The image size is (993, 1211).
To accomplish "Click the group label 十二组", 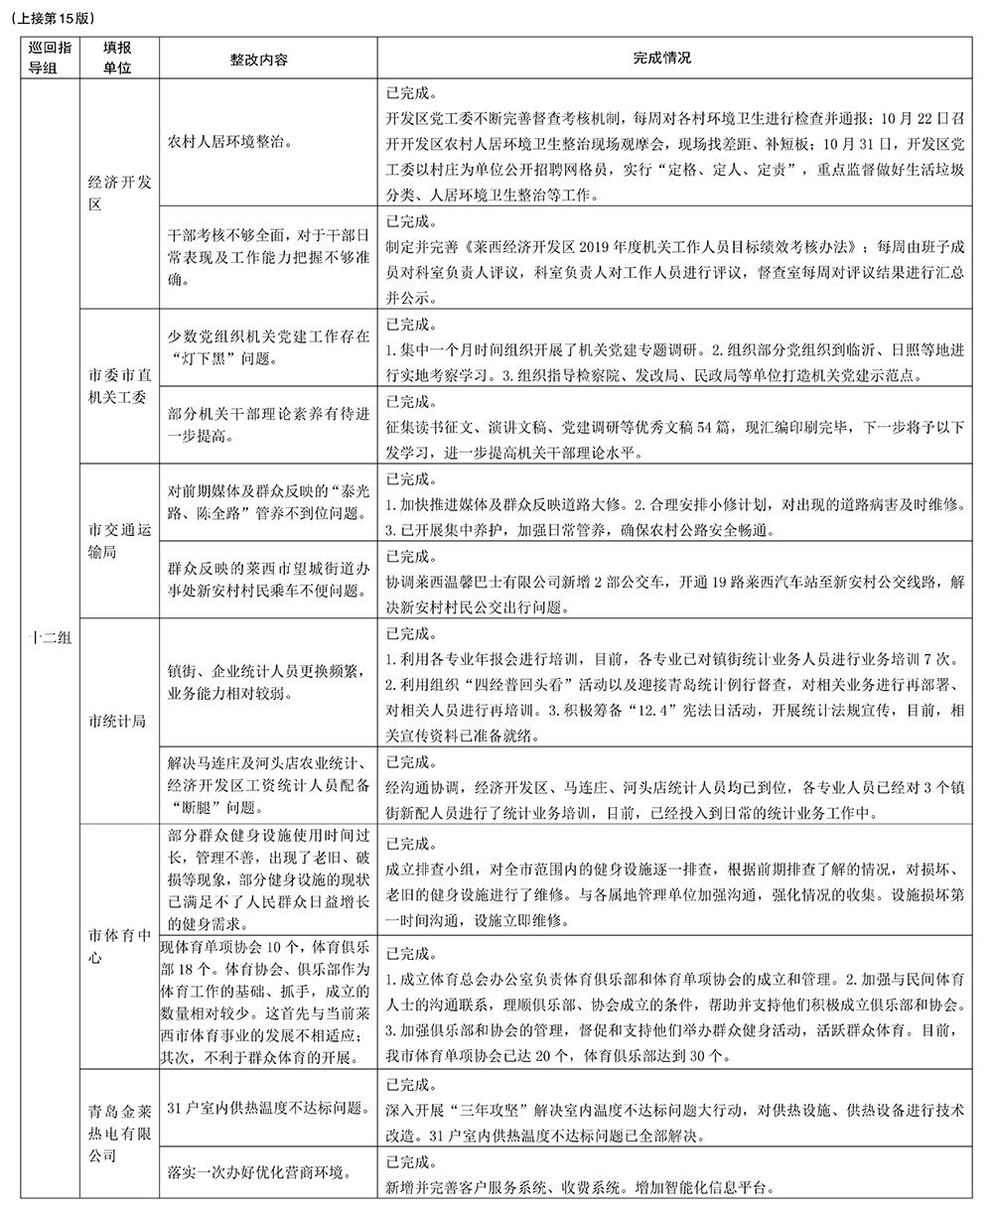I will click(49, 638).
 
